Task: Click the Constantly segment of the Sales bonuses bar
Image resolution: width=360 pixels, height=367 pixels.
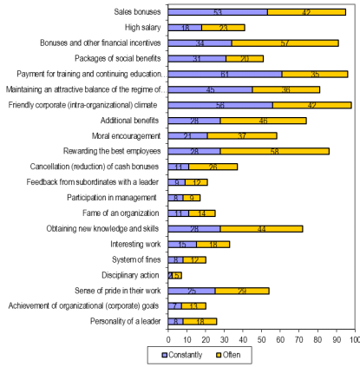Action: pyautogui.click(x=218, y=12)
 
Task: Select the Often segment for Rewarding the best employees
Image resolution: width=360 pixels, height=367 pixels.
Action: pyautogui.click(x=275, y=151)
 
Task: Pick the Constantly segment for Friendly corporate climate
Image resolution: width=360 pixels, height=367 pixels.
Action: pyautogui.click(x=220, y=105)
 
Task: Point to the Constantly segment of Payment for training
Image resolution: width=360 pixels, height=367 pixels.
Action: pyautogui.click(x=225, y=75)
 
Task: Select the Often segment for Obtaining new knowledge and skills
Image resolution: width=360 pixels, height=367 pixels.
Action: pyautogui.click(x=261, y=229)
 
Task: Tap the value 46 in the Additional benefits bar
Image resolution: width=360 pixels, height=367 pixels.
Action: pyautogui.click(x=263, y=121)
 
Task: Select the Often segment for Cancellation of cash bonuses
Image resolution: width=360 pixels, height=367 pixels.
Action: pyautogui.click(x=213, y=167)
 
